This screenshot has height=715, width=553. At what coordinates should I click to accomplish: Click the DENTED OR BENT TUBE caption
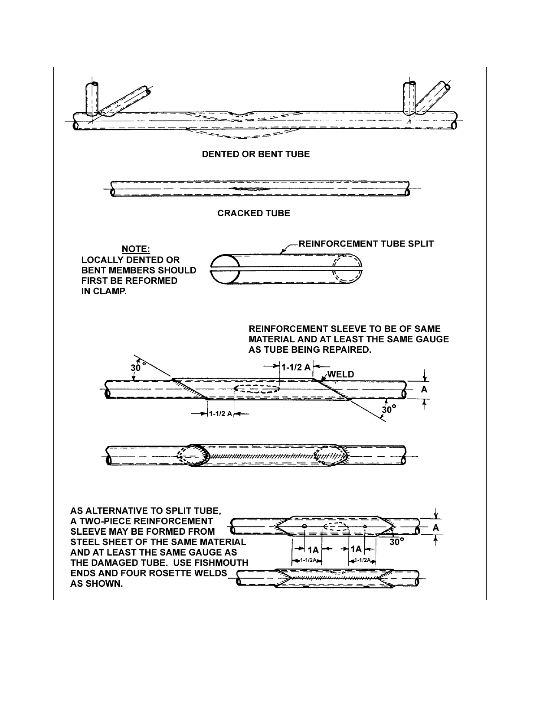click(256, 154)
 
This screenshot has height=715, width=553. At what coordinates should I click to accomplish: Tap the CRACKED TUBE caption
click(254, 213)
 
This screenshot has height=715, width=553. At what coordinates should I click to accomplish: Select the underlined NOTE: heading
click(136, 249)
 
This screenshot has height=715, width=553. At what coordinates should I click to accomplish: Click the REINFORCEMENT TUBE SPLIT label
click(366, 244)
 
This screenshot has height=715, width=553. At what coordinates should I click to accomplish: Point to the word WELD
click(340, 374)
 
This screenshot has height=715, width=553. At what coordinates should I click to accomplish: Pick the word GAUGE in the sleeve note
click(432, 339)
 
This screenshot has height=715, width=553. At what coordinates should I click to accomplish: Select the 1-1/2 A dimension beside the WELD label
click(296, 367)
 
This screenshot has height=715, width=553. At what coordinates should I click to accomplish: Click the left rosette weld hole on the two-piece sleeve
click(305, 526)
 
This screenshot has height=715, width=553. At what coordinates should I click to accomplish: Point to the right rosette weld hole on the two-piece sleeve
click(365, 526)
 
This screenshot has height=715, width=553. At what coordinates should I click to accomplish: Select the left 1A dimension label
click(313, 549)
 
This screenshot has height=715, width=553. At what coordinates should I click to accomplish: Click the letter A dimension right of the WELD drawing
click(424, 389)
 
